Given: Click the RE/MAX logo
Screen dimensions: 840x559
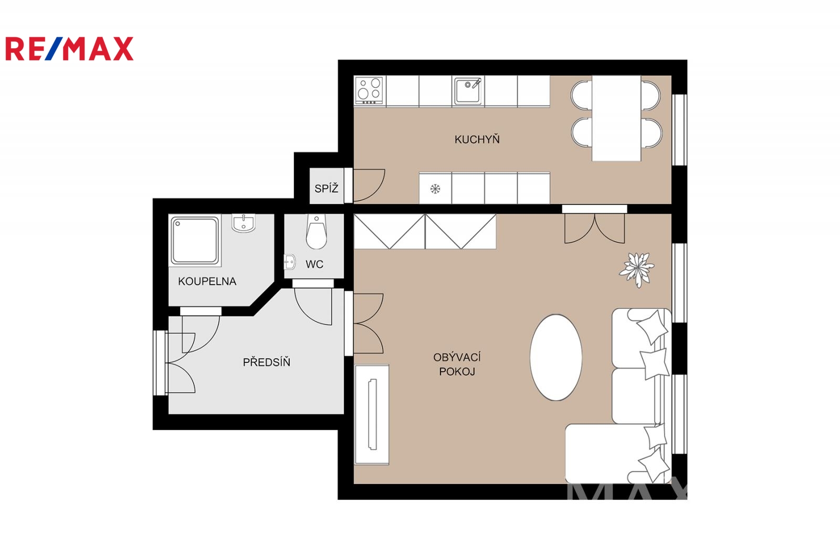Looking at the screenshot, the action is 69,49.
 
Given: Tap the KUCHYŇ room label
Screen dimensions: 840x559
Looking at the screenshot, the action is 477,139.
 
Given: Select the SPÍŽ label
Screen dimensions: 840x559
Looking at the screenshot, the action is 326,188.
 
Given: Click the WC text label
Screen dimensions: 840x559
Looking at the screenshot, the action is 314,264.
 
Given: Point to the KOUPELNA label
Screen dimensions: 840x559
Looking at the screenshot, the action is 207,282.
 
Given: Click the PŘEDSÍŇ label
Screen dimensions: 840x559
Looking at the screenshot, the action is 267,362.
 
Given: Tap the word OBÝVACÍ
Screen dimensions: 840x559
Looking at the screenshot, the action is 457,357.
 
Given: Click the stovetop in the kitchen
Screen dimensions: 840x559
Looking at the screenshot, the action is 369,90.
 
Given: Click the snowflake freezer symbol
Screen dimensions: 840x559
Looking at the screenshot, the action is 435,189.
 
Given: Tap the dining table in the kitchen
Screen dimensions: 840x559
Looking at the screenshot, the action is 616,119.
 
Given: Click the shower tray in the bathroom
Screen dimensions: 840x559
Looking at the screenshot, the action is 195,241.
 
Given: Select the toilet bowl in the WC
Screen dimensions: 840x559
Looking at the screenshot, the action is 316,232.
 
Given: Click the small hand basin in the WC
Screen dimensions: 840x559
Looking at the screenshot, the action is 289,262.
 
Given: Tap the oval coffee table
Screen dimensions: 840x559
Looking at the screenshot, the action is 556,358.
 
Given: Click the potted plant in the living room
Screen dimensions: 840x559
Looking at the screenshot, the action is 637,270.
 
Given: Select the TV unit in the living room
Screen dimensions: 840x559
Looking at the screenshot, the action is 372,414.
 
